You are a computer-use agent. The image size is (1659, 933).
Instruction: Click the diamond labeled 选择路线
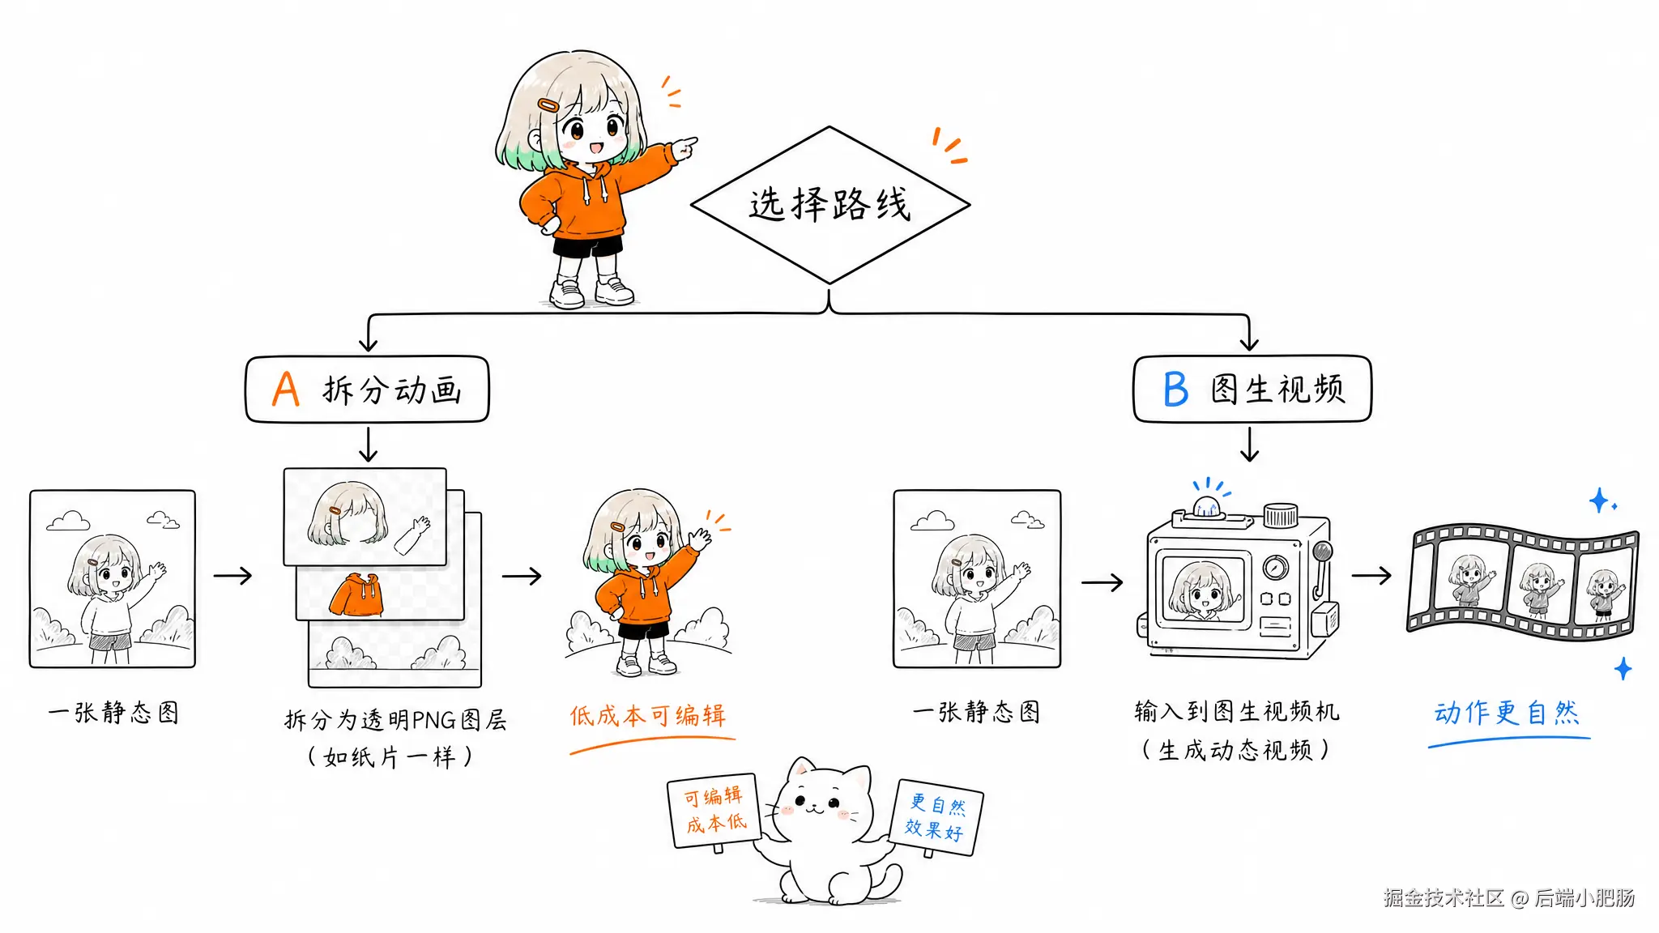point(829,205)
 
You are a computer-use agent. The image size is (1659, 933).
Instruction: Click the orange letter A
point(286,389)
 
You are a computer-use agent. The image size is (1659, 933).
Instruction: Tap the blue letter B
point(1175,390)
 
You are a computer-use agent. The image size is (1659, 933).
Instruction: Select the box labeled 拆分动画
point(368,390)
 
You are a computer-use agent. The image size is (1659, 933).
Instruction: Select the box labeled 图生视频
point(1252,389)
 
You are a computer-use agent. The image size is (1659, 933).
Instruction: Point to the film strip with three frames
point(1523,582)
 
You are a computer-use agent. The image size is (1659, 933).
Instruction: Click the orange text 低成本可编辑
point(648,716)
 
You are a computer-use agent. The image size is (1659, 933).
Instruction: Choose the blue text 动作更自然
point(1507,713)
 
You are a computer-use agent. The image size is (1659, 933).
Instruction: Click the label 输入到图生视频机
point(1237,712)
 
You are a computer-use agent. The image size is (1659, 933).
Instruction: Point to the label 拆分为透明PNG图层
point(395,719)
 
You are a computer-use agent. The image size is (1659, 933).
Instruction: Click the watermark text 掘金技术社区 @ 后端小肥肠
point(1509,897)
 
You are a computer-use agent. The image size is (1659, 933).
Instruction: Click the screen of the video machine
point(1203,589)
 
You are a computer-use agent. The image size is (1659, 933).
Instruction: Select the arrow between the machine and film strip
point(1371,575)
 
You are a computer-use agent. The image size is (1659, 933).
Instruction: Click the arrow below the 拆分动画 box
point(369,445)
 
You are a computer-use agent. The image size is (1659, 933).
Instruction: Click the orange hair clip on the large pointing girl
point(548,105)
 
